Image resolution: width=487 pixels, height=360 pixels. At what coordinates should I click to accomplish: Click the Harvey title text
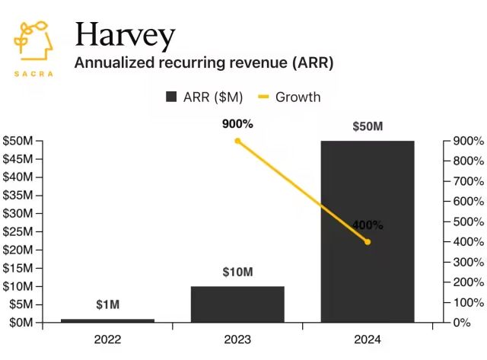pyautogui.click(x=125, y=35)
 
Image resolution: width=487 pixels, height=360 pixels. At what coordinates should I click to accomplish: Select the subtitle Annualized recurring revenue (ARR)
pyautogui.click(x=203, y=62)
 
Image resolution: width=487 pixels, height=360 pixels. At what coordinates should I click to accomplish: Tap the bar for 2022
pyautogui.click(x=107, y=320)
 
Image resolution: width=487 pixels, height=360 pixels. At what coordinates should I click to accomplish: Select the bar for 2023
pyautogui.click(x=237, y=304)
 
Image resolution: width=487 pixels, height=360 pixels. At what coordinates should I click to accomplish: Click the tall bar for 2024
pyautogui.click(x=368, y=231)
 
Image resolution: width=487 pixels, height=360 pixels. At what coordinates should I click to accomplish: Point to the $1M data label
pyautogui.click(x=107, y=305)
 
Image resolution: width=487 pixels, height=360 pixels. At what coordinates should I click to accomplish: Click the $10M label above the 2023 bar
pyautogui.click(x=237, y=272)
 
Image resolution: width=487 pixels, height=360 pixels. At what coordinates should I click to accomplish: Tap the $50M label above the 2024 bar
pyautogui.click(x=368, y=126)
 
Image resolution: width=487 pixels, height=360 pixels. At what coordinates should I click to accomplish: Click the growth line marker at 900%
pyautogui.click(x=237, y=141)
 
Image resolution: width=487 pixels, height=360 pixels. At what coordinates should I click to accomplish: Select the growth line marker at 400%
pyautogui.click(x=368, y=242)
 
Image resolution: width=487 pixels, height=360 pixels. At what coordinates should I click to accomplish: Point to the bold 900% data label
pyautogui.click(x=237, y=124)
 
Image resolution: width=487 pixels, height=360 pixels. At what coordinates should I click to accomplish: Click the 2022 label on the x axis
pyautogui.click(x=107, y=339)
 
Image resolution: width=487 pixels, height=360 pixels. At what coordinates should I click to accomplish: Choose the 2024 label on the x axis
pyautogui.click(x=368, y=339)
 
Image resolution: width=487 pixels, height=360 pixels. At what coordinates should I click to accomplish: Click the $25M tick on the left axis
pyautogui.click(x=18, y=231)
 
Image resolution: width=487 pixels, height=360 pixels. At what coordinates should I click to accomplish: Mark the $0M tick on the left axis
pyautogui.click(x=21, y=323)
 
